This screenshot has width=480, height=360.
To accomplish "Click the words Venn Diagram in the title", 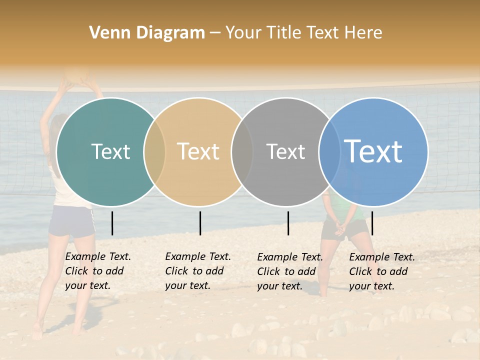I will pos(147,33).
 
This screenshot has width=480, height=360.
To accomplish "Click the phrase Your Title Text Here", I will pos(304,33).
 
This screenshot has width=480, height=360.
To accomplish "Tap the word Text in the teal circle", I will pos(110,151).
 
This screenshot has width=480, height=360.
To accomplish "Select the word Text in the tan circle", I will pos(198,151).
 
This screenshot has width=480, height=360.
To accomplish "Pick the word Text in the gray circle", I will pos(285,151).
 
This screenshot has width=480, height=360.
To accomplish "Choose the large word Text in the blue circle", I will pos(373,151).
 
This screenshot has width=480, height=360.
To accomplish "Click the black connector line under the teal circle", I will pos(112,223).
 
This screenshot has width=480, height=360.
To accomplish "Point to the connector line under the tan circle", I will pos(200,223).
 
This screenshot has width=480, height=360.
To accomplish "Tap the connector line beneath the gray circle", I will pos(288,223).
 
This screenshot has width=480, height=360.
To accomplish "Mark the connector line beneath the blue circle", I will pos(372,223).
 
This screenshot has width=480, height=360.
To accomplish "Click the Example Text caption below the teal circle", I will pos(97,271).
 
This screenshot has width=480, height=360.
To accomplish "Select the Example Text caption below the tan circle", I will pos(197,271).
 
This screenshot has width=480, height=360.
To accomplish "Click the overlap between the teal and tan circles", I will pos(154,151).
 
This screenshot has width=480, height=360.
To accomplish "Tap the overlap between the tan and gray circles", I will pos(242,151).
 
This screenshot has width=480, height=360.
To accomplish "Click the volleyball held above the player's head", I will pos(78,75).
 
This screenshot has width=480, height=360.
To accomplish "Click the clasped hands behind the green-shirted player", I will pos(340,228).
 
